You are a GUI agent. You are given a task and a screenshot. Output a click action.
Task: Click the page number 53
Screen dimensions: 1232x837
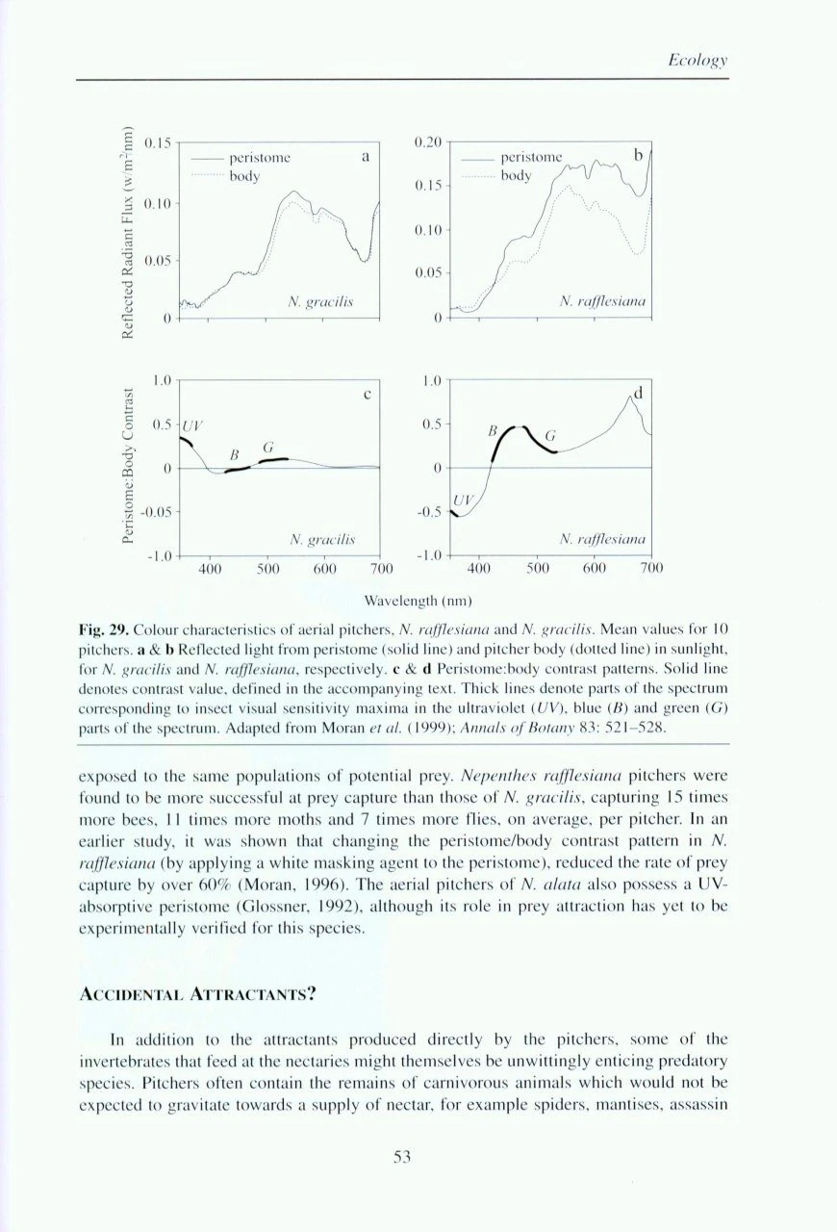[402, 1157]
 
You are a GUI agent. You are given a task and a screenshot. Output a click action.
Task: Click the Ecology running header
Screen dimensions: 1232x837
[697, 61]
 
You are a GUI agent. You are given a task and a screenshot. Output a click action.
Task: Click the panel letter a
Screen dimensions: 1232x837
[366, 153]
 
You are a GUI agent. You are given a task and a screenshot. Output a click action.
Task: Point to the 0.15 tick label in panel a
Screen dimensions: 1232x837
[157, 143]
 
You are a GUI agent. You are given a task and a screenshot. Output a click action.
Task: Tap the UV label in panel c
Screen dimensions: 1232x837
[194, 424]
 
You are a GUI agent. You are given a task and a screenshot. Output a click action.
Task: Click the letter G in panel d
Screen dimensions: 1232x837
[551, 436]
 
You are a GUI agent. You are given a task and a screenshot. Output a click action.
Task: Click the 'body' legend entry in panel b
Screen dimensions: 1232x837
[516, 175]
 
